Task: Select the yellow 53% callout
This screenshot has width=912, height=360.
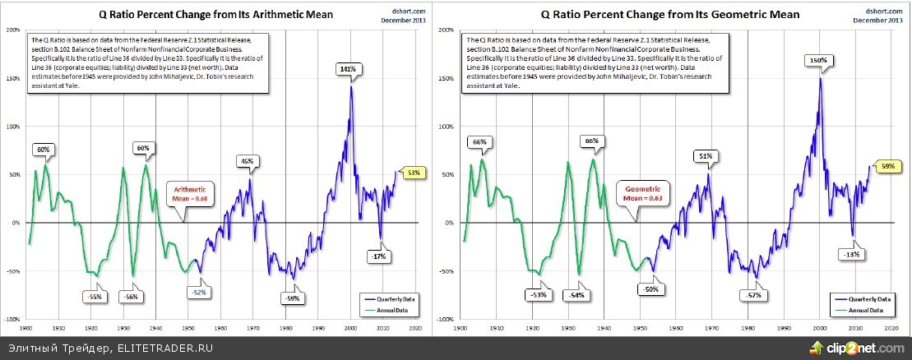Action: [x=413, y=173]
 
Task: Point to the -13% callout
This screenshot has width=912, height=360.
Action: [x=852, y=254]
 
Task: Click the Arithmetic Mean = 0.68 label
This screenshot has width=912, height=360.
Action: [x=188, y=194]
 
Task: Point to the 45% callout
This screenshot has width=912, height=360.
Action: [x=248, y=161]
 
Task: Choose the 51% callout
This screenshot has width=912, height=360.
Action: [x=706, y=155]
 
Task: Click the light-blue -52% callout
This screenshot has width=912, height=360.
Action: [x=199, y=293]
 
